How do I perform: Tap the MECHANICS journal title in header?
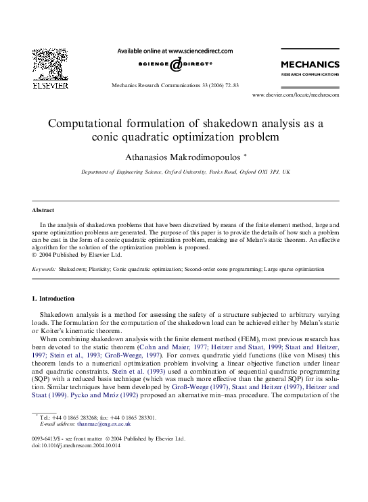pos(309,64)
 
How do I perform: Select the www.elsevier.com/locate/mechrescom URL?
pos(295,95)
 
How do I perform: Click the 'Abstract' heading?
pos(44,210)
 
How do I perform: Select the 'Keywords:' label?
pos(44,269)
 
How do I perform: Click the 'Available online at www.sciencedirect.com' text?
pos(175,51)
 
